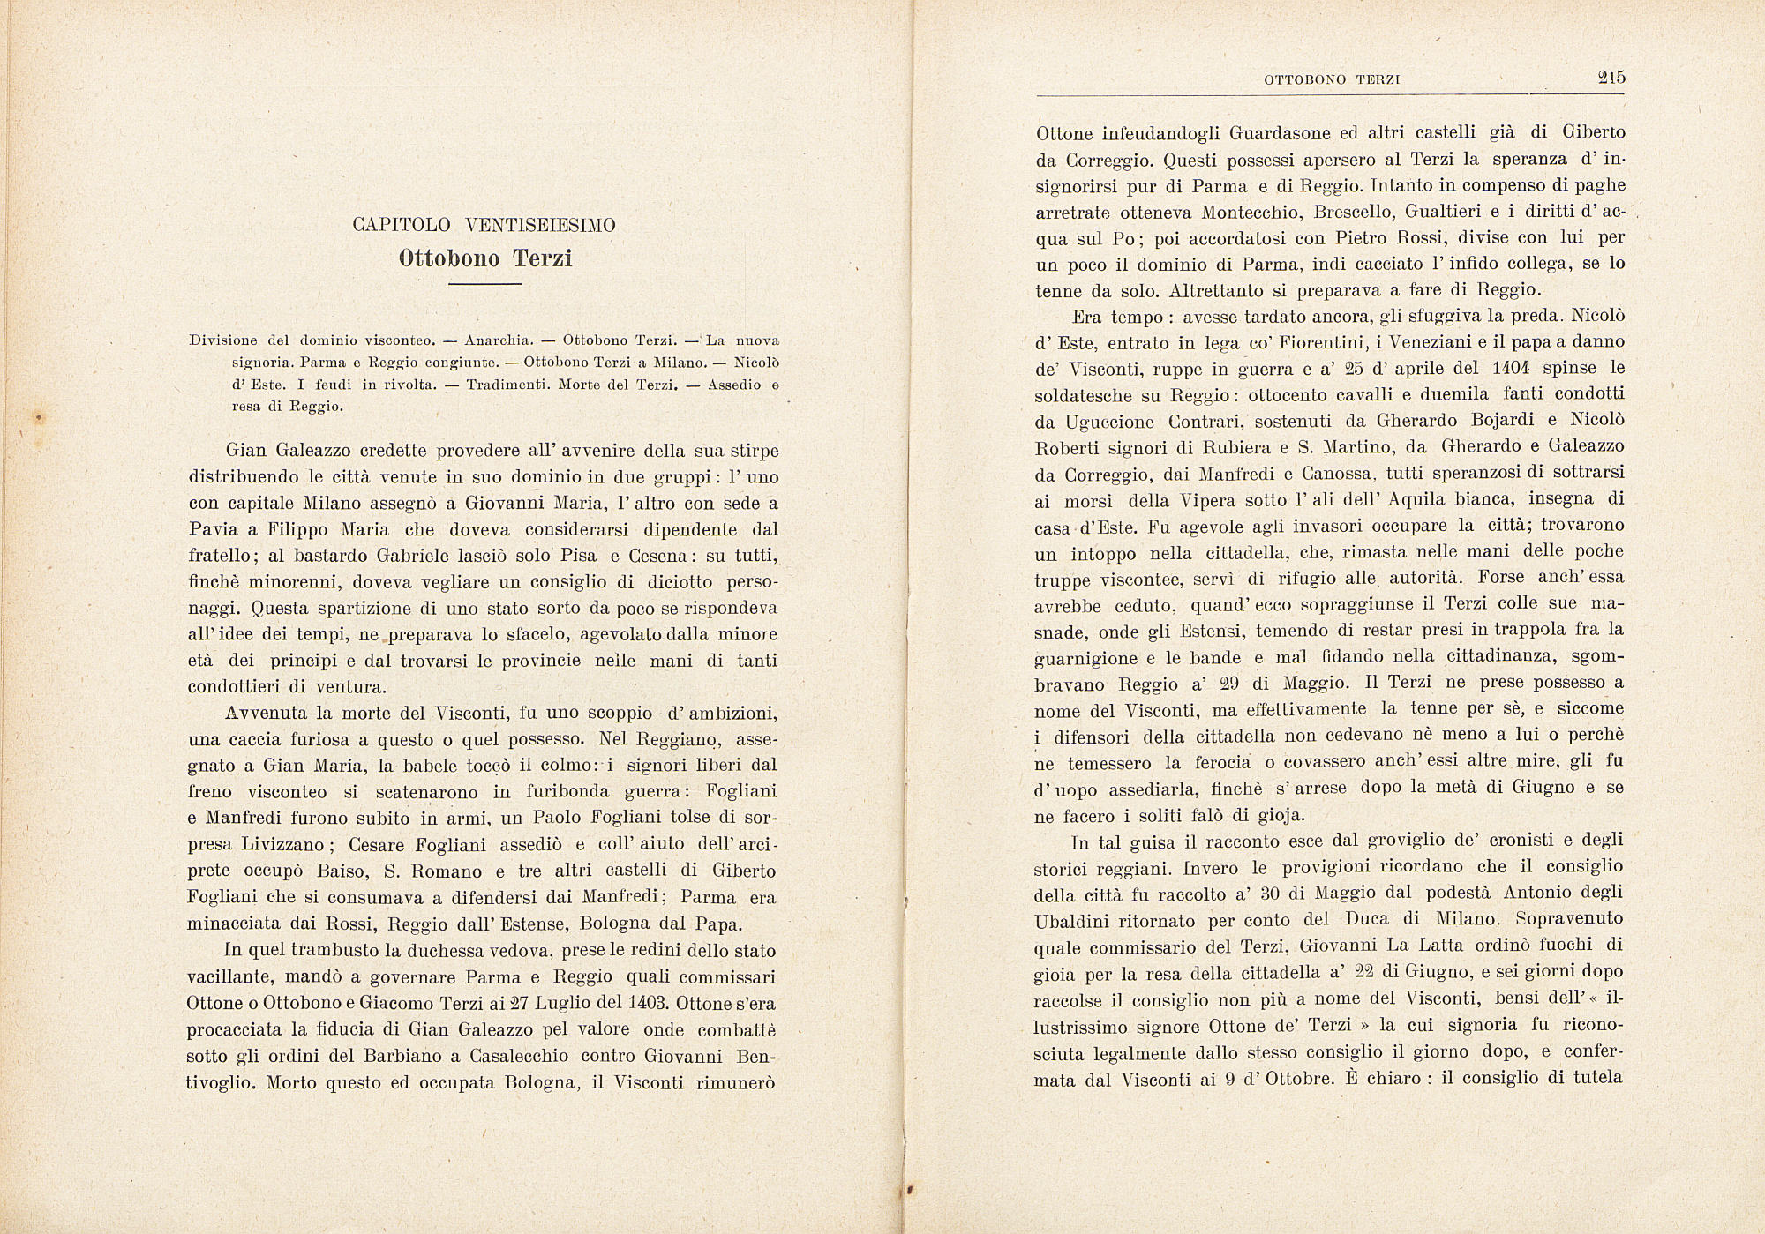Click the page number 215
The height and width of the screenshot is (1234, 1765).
1611,78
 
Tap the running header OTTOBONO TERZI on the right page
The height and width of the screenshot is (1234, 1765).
1333,80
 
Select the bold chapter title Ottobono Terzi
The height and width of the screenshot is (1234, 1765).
484,258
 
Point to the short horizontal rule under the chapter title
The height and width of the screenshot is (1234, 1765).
484,284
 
